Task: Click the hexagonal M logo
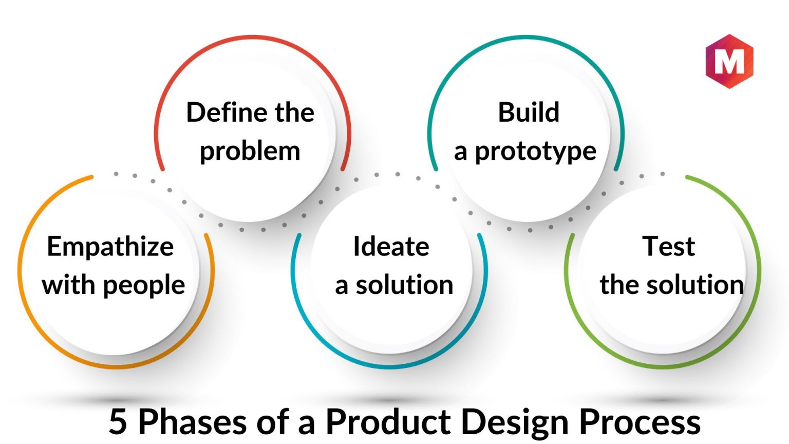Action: (729, 61)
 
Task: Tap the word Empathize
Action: (110, 247)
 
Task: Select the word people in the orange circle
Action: (144, 285)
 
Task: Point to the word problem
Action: (250, 152)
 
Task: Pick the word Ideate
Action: (391, 246)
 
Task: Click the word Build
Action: (529, 113)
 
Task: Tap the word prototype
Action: (536, 152)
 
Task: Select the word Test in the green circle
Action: (668, 246)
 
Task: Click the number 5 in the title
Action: (118, 422)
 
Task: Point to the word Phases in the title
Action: (192, 422)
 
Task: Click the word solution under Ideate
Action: (404, 285)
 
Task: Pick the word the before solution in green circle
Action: (619, 284)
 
